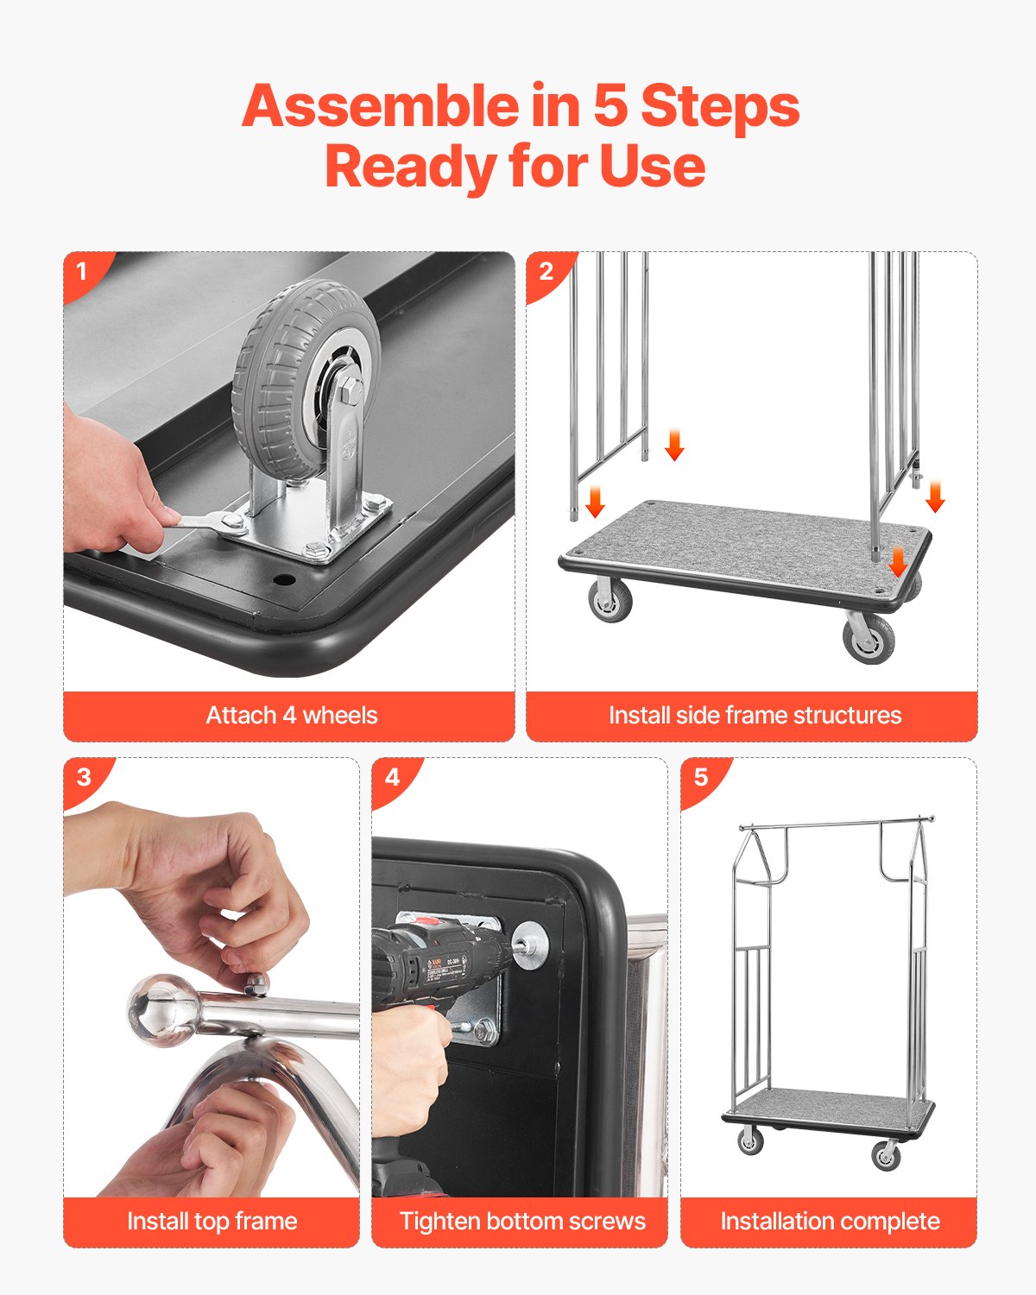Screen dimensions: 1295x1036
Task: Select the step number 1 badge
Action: [x=82, y=271]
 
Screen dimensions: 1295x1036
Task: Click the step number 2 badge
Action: [x=546, y=271]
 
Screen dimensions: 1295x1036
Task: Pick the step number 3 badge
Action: [x=84, y=777]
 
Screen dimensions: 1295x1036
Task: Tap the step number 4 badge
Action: [x=392, y=777]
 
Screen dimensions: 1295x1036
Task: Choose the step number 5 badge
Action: [x=701, y=777]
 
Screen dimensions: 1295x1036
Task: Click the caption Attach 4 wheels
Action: [x=291, y=716]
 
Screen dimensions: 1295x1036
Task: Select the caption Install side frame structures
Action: [x=755, y=716]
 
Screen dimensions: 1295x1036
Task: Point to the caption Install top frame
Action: [x=212, y=1222]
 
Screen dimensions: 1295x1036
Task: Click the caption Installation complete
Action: [x=830, y=1222]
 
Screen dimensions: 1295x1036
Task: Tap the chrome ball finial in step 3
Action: [x=163, y=1009]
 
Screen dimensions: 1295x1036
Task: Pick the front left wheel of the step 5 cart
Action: [x=750, y=1141]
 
